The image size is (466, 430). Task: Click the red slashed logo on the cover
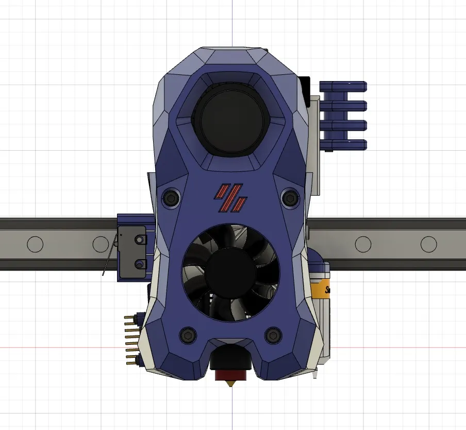tap(231, 198)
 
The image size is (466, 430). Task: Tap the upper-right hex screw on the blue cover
tap(290, 197)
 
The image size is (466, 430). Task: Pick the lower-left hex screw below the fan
tap(187, 335)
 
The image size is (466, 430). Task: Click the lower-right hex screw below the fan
tap(273, 335)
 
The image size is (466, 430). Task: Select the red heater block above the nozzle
tap(230, 374)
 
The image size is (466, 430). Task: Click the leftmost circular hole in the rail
tap(35, 244)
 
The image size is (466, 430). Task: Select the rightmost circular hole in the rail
tap(428, 244)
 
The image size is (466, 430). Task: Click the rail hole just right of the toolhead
tap(363, 244)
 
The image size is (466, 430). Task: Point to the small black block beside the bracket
tap(304, 85)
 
